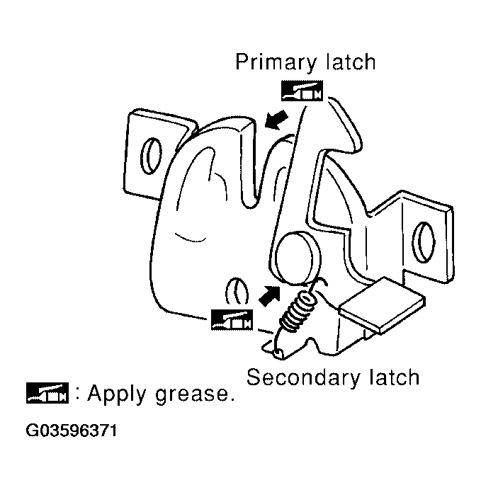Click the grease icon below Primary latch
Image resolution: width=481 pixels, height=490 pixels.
(301, 91)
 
